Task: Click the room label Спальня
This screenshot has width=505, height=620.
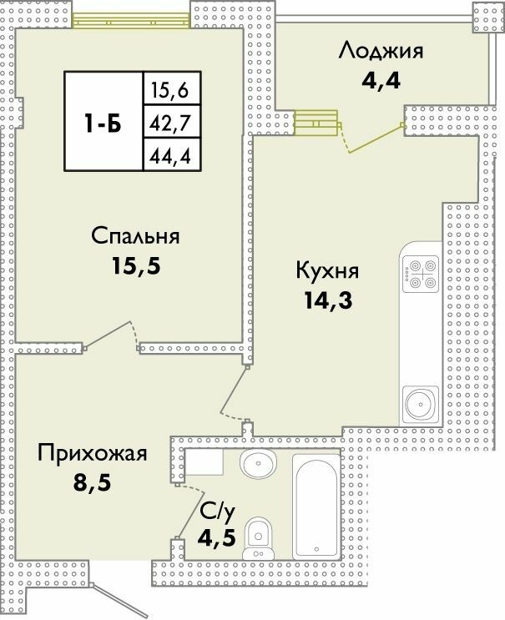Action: (135, 237)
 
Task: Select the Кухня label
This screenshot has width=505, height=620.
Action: (327, 271)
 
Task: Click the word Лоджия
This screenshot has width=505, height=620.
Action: (381, 51)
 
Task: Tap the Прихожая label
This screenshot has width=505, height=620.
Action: (93, 454)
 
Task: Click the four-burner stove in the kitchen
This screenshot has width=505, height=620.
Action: (419, 273)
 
